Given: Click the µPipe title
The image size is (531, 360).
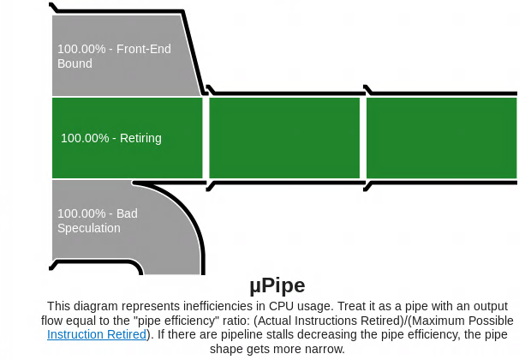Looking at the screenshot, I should (x=277, y=285).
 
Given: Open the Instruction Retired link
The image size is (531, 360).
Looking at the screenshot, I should (x=97, y=334).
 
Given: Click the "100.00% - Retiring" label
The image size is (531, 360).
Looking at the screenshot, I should (x=110, y=138).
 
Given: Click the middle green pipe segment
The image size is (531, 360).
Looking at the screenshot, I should (x=284, y=137).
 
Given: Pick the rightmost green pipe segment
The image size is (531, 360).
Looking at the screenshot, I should (x=442, y=137).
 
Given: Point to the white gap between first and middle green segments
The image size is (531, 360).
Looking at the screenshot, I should (x=206, y=137).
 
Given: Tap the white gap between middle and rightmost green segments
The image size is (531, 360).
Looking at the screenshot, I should (x=364, y=137).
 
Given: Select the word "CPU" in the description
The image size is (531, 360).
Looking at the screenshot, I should (x=283, y=306).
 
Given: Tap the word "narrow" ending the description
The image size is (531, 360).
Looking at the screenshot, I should (x=326, y=349).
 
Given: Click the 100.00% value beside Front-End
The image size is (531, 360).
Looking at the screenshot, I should (x=83, y=49).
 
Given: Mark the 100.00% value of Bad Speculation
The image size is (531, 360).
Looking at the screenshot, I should (x=83, y=213).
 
